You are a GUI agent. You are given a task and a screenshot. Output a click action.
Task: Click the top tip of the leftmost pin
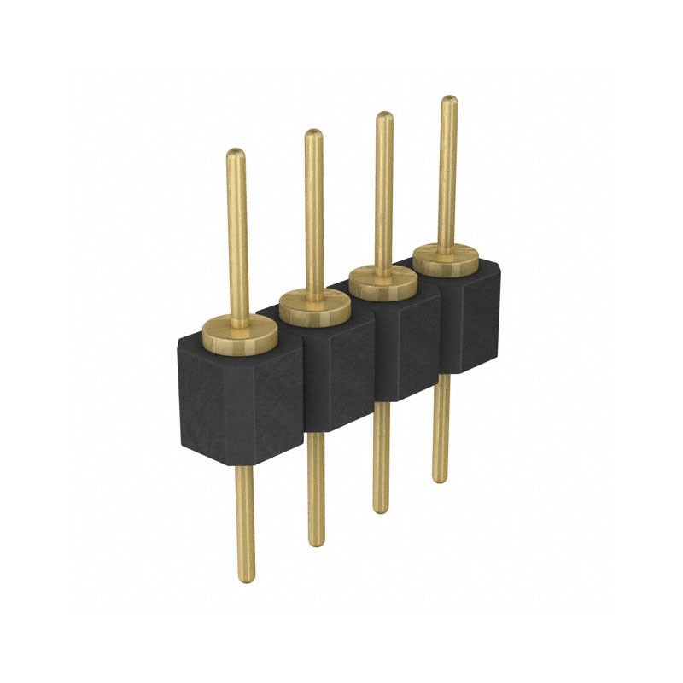coord(235,154)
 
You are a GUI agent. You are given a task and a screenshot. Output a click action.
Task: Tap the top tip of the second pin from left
coord(313,134)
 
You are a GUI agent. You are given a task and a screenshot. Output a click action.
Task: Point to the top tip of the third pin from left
coord(384,117)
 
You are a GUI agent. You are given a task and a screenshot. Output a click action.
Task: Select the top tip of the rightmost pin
coord(448,100)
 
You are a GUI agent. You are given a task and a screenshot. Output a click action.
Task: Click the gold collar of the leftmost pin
coord(239,336)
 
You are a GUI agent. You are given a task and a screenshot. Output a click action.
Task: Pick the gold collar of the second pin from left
coord(314,306)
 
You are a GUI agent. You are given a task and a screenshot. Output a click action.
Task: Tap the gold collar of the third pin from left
coord(383,281)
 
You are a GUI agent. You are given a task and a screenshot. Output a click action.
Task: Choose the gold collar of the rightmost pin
coord(446,260)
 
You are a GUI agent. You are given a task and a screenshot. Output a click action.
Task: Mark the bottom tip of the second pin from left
coord(317,541)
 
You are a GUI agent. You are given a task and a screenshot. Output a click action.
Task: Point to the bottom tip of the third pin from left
coord(381,509)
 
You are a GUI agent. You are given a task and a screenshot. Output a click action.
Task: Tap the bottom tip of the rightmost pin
coord(440,478)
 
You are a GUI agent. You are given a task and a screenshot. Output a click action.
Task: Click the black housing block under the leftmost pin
coord(239,401)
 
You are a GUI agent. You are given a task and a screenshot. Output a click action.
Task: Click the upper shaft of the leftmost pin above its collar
coord(237,239)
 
